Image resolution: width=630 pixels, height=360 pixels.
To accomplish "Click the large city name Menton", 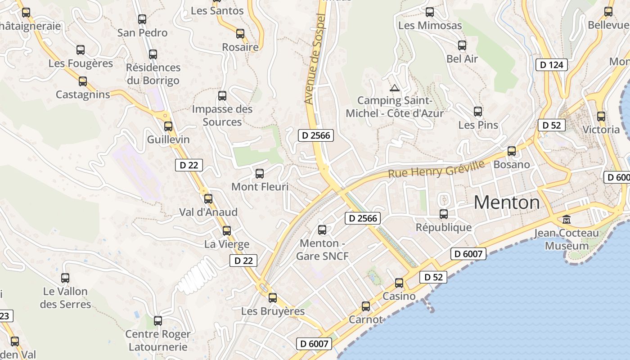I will [x=507, y=202].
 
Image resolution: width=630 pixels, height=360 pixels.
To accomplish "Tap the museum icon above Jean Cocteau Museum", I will [x=567, y=220].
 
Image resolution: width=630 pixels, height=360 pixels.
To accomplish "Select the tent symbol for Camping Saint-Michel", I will [x=395, y=88].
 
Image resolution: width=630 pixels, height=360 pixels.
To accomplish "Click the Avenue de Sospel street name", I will [x=314, y=58].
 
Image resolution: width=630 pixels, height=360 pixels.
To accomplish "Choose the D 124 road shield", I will [x=551, y=65].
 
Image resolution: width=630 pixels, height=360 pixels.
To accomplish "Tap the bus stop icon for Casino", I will [x=399, y=283].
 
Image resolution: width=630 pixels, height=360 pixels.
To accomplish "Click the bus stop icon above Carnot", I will [x=366, y=306].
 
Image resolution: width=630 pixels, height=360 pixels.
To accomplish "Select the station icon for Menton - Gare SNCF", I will [x=322, y=230].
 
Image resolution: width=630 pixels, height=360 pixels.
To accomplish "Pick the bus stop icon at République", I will [x=444, y=214].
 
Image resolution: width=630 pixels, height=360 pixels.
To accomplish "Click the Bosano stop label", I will [x=512, y=164].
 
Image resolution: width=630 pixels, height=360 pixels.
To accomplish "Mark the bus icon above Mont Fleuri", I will [x=260, y=173].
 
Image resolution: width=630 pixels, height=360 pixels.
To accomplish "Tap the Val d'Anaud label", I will [x=208, y=212].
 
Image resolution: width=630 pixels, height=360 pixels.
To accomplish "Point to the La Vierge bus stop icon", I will [x=227, y=231].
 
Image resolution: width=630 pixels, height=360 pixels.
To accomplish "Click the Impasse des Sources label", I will [x=222, y=115].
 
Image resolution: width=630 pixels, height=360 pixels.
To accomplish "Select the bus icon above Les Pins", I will [x=478, y=111].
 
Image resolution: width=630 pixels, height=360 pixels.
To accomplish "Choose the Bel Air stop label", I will [x=462, y=58].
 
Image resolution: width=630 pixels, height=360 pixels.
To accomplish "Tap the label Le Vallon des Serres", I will [x=65, y=298].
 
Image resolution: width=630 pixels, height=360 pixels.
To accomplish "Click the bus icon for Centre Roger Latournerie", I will [x=158, y=321].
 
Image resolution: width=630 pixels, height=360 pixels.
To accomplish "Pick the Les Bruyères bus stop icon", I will [x=273, y=298].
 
